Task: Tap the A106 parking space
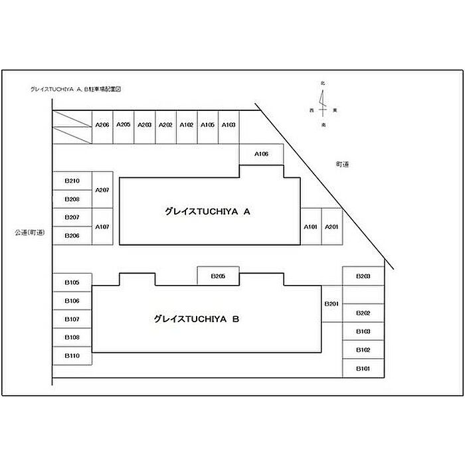(x=262, y=154)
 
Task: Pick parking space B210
(x=72, y=181)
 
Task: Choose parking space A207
(x=102, y=190)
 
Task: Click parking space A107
(x=102, y=227)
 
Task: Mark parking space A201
(x=331, y=227)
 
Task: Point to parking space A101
(x=311, y=227)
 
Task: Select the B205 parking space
(x=219, y=276)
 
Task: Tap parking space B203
(x=363, y=276)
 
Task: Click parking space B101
(x=363, y=368)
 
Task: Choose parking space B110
(x=72, y=356)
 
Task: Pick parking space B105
(x=72, y=283)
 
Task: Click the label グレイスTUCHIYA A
(x=207, y=212)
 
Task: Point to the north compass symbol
(x=323, y=100)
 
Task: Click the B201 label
(x=331, y=304)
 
